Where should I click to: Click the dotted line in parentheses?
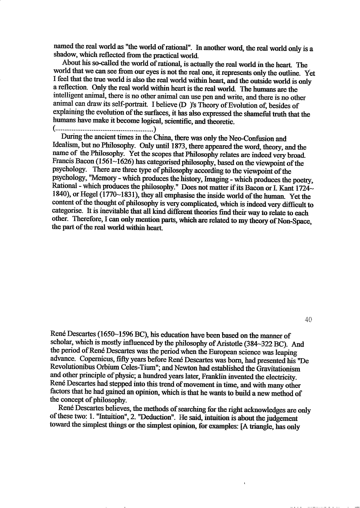coord(105,129)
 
